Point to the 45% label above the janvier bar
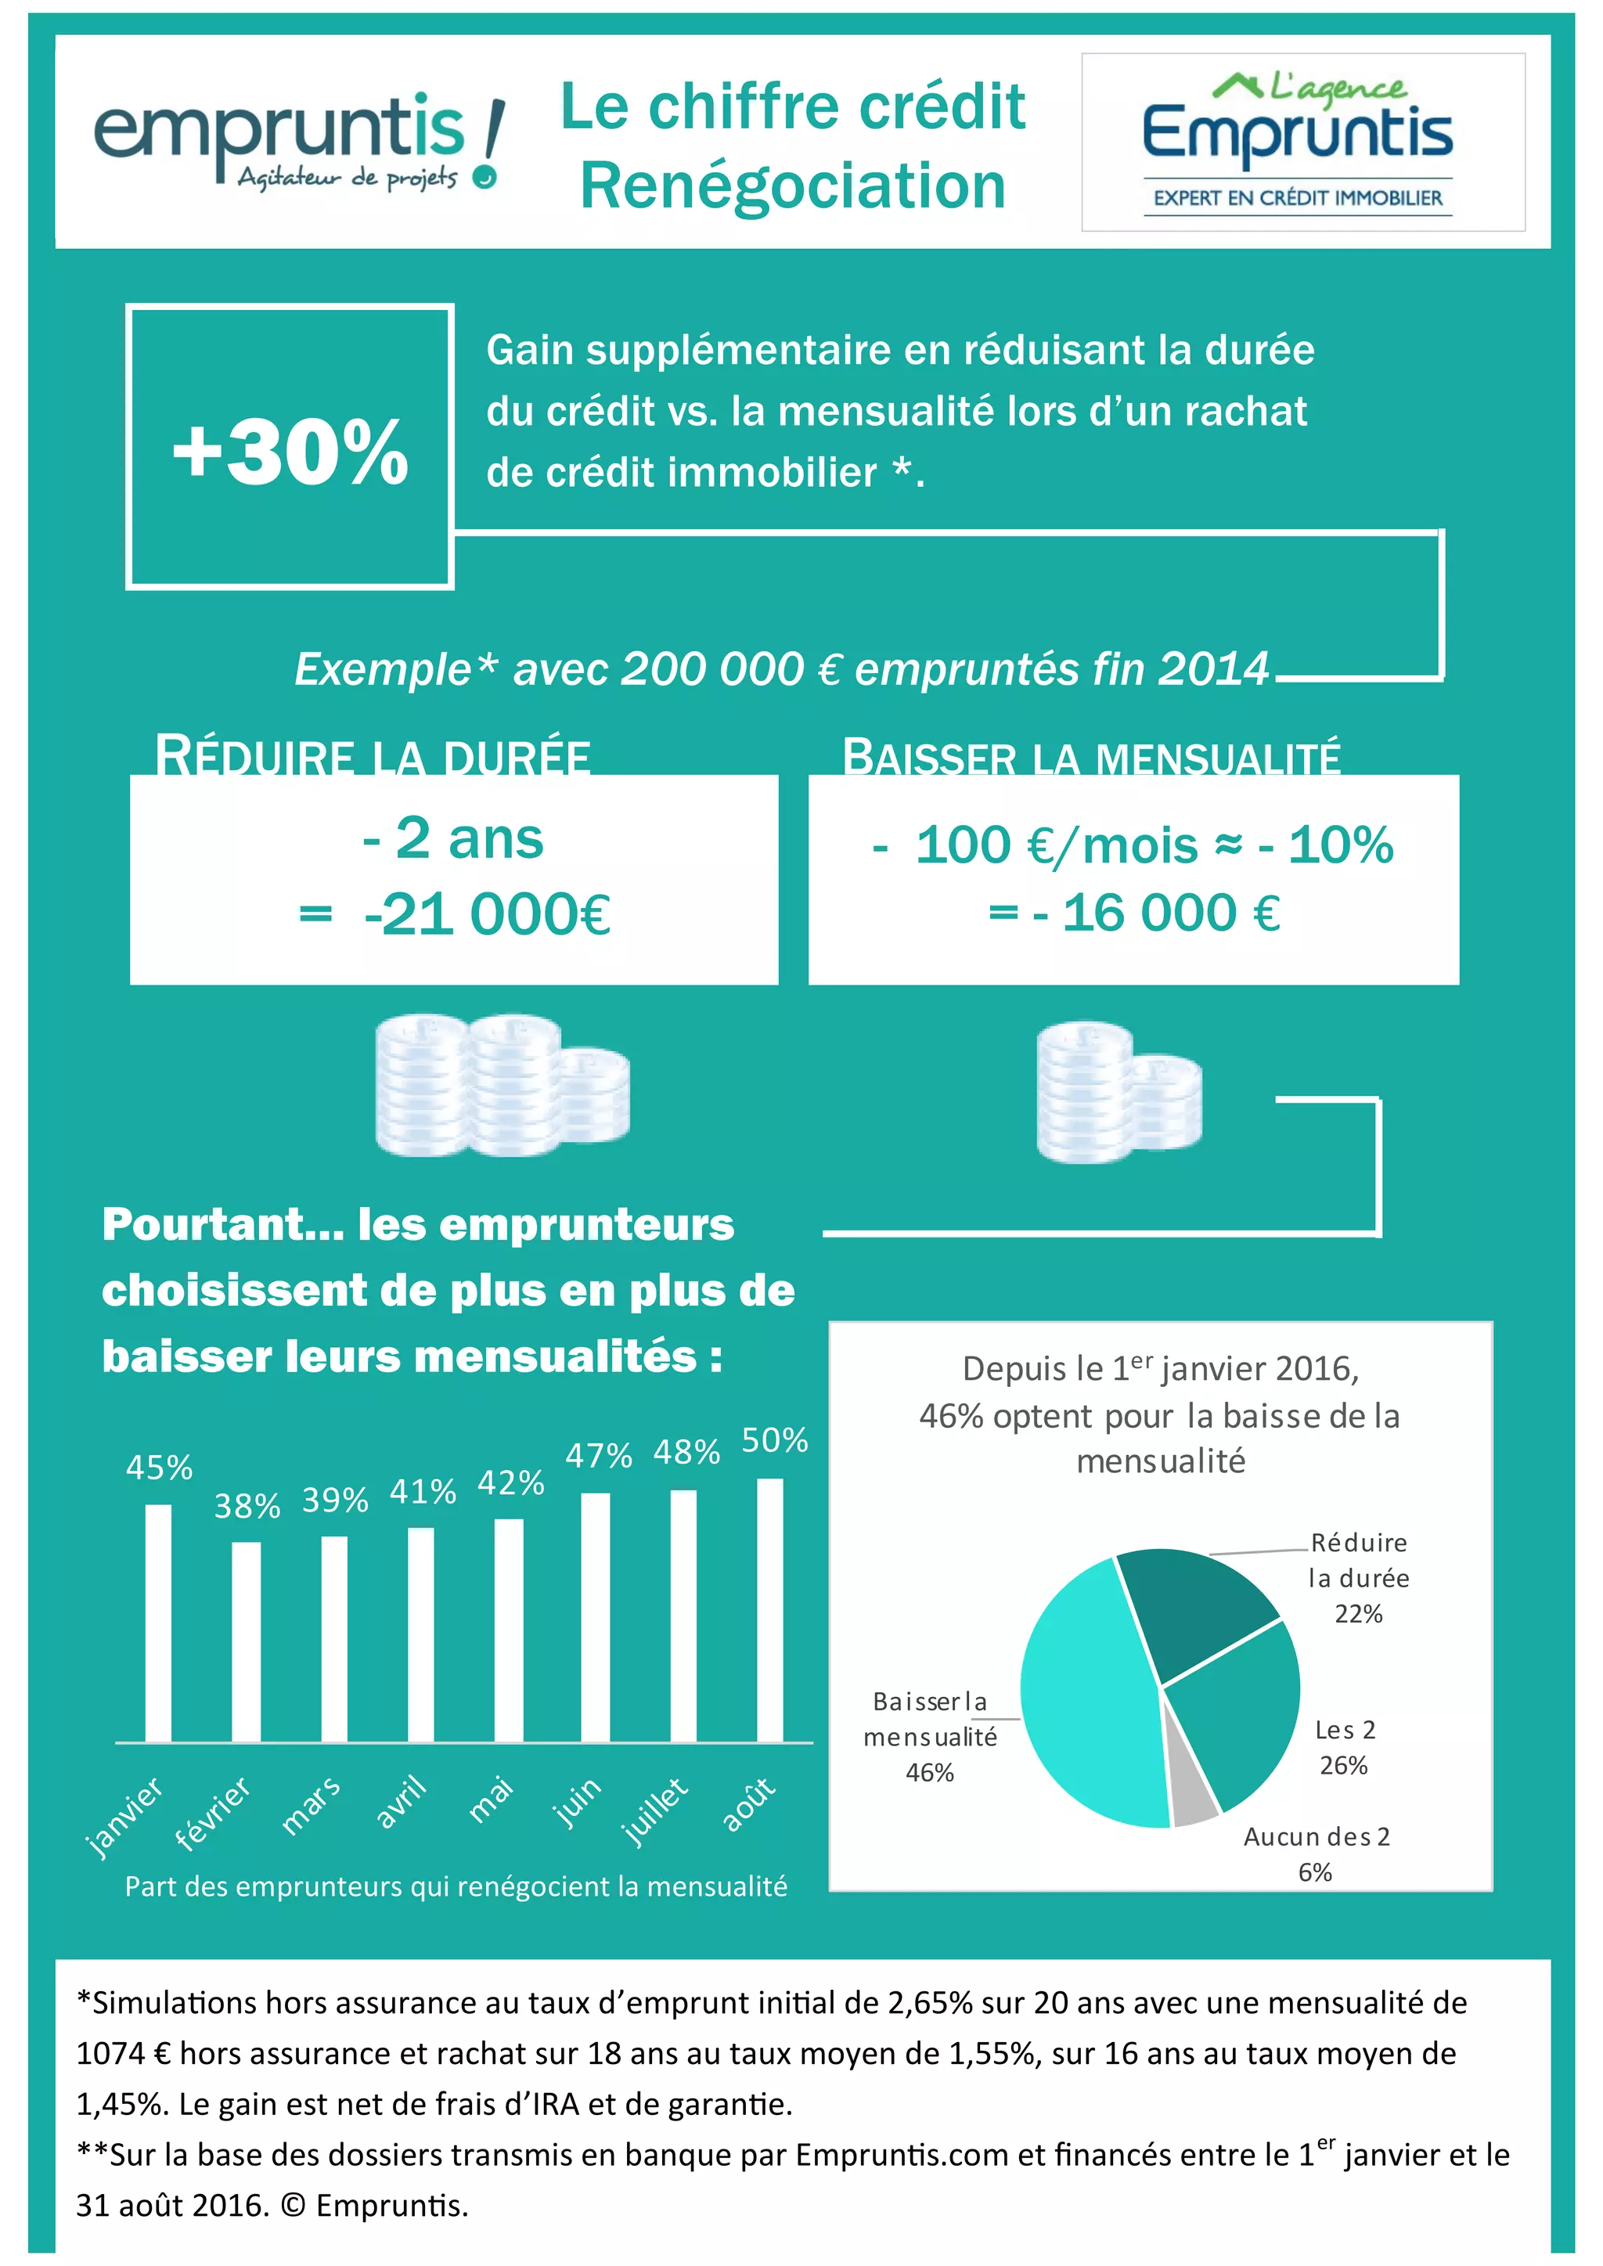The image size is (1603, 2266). pyautogui.click(x=159, y=1468)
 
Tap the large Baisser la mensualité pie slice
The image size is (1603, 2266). pyautogui.click(x=1086, y=1698)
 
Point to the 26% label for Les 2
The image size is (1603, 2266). pyautogui.click(x=1343, y=1764)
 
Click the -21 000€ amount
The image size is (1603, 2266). pyautogui.click(x=487, y=914)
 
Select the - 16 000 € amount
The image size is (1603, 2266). pyautogui.click(x=1157, y=913)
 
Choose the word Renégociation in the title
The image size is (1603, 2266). pyautogui.click(x=793, y=186)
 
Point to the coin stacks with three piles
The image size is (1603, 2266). pyautogui.click(x=502, y=1085)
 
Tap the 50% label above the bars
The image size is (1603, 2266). pyautogui.click(x=775, y=1440)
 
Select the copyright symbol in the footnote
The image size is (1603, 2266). pyautogui.click(x=292, y=2205)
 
